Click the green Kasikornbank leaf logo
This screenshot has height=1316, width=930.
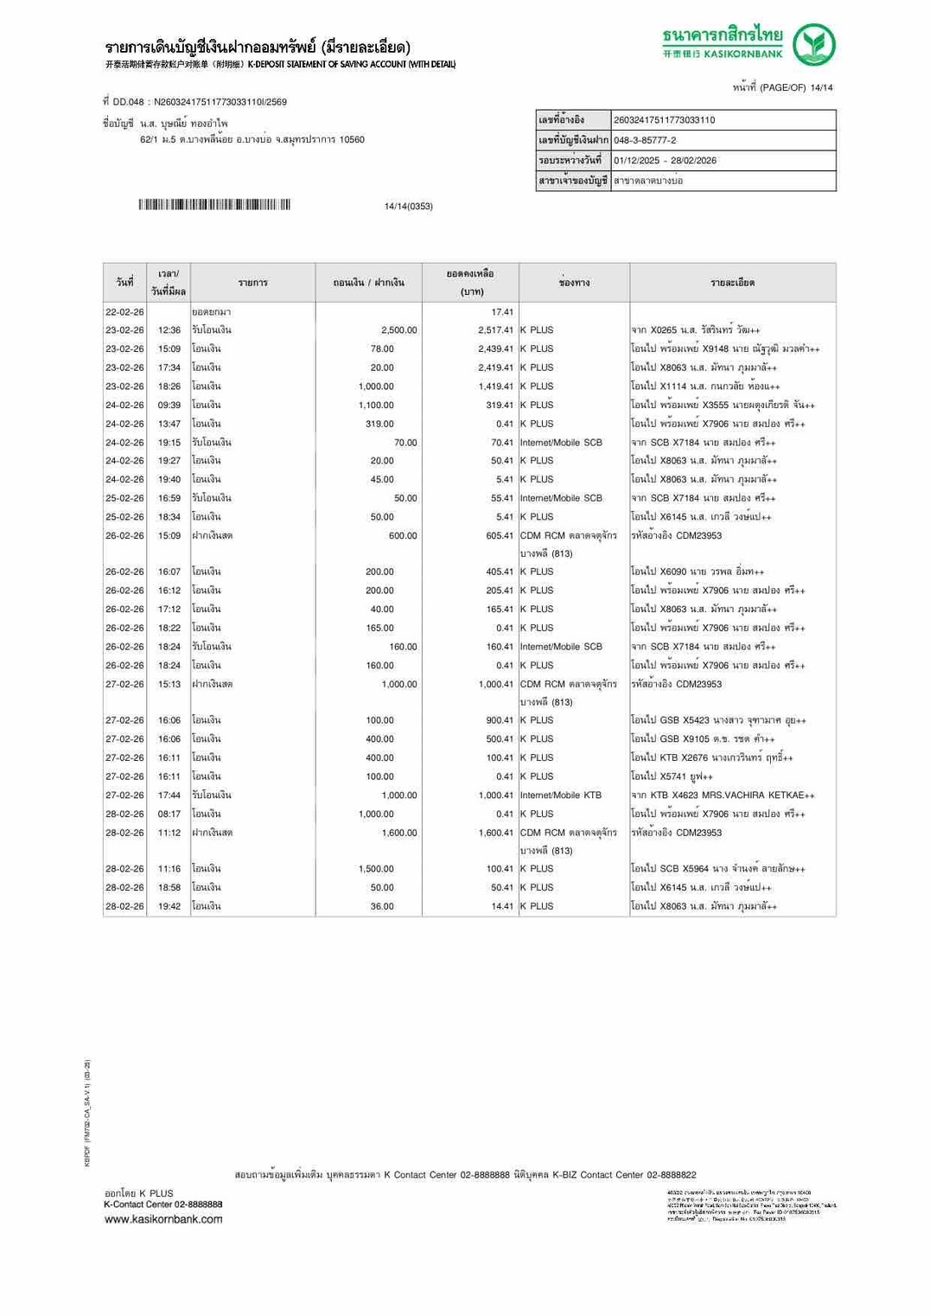[x=814, y=45]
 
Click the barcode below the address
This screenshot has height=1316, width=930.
[x=213, y=205]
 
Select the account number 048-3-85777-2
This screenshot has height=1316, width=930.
[x=645, y=140]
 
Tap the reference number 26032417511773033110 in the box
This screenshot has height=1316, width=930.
[x=664, y=120]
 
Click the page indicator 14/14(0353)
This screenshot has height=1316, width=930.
[x=408, y=206]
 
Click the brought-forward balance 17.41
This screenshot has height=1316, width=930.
[x=502, y=312]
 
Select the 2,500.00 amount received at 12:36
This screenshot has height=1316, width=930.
[x=398, y=330]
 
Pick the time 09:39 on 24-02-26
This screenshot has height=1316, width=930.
[x=169, y=405]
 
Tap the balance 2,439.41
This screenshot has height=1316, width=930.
[x=495, y=349]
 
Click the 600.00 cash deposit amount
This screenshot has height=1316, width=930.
[x=403, y=536]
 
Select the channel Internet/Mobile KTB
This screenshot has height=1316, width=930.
[x=561, y=795]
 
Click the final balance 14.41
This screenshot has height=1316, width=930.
[x=502, y=906]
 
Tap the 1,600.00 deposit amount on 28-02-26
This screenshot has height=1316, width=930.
[x=398, y=833]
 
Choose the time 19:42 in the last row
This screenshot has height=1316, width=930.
[x=169, y=906]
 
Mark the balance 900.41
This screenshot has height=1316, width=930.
[x=500, y=720]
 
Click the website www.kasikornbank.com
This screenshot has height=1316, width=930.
[x=163, y=1219]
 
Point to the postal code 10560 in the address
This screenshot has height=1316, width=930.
[x=352, y=140]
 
